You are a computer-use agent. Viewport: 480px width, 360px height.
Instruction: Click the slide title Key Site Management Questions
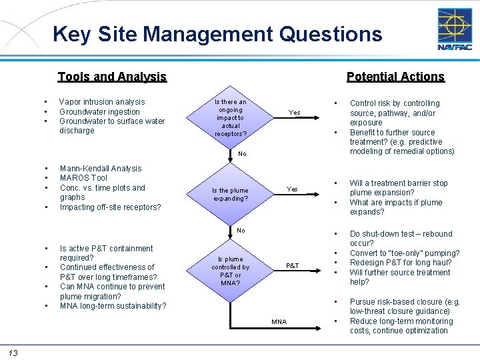coord(217,33)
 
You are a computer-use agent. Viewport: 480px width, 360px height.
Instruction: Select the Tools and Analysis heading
coord(112,77)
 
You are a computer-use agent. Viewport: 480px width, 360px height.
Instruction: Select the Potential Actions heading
coord(395,77)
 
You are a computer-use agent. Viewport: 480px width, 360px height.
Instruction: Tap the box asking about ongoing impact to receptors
coord(231,118)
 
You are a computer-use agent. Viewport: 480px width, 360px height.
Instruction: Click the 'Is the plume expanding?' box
coord(231,194)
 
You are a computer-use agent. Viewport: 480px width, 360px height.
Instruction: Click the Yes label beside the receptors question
coord(295,113)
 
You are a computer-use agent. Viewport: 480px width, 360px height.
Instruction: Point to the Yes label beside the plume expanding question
coord(292,189)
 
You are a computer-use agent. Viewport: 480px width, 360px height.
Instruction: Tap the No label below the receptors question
coord(242,154)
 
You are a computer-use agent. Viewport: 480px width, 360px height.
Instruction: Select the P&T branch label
coord(293,265)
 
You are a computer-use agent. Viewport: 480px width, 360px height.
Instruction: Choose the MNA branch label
coord(279,322)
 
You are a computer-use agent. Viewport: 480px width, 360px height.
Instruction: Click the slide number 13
coord(13,352)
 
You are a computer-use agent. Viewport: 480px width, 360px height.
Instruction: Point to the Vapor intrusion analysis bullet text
coord(102,102)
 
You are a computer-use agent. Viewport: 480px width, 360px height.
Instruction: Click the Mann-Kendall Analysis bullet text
coord(101,169)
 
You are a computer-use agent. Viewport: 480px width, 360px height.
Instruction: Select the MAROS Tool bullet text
coord(83,178)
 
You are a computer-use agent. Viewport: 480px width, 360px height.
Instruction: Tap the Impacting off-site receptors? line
coord(110,207)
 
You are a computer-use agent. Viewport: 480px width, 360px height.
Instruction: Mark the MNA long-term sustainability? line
coord(113,306)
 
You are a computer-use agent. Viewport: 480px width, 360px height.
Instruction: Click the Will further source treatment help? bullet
coord(400,277)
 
